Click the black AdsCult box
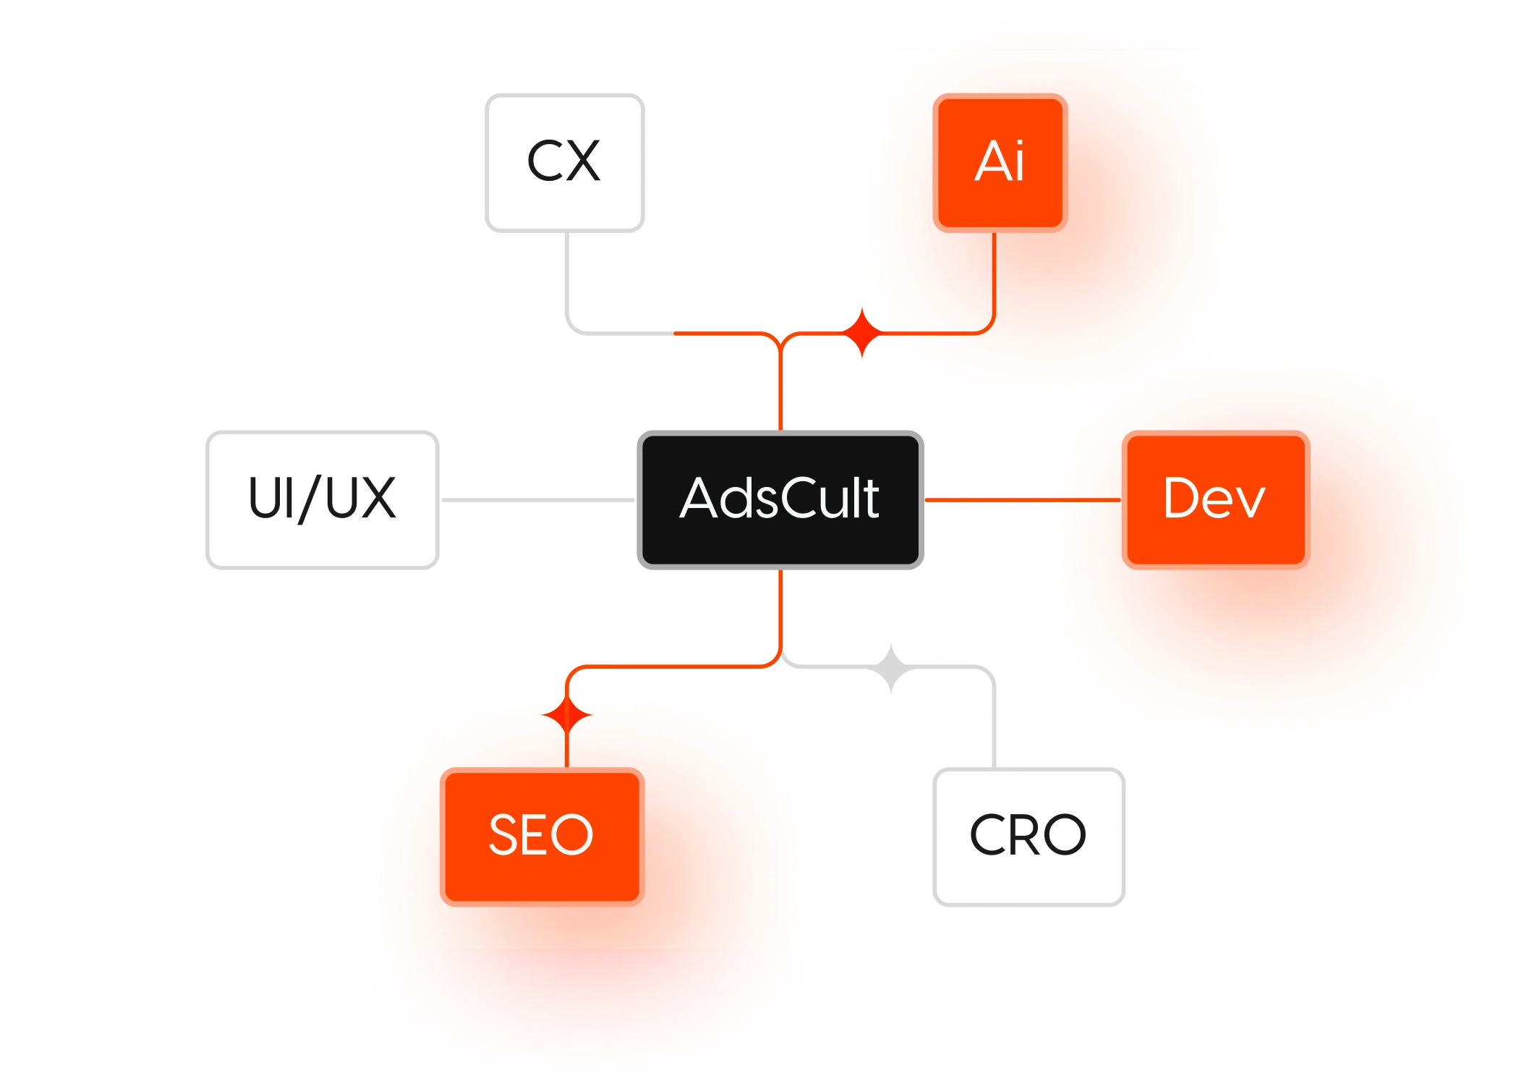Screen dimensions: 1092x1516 click(780, 499)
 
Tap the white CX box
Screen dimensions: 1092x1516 click(564, 162)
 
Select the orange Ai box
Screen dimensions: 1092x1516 click(1000, 162)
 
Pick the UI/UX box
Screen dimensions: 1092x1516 click(323, 499)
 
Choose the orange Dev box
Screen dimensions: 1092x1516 click(1215, 499)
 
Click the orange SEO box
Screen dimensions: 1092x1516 click(542, 836)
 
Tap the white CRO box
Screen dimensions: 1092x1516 click(1028, 836)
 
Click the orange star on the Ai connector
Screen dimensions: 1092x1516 click(862, 333)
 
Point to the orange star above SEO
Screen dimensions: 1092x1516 click(567, 716)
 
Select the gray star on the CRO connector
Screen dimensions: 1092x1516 click(891, 667)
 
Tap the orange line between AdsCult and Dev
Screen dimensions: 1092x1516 click(1022, 499)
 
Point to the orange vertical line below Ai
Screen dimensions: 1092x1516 click(995, 275)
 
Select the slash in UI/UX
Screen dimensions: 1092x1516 click(310, 499)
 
